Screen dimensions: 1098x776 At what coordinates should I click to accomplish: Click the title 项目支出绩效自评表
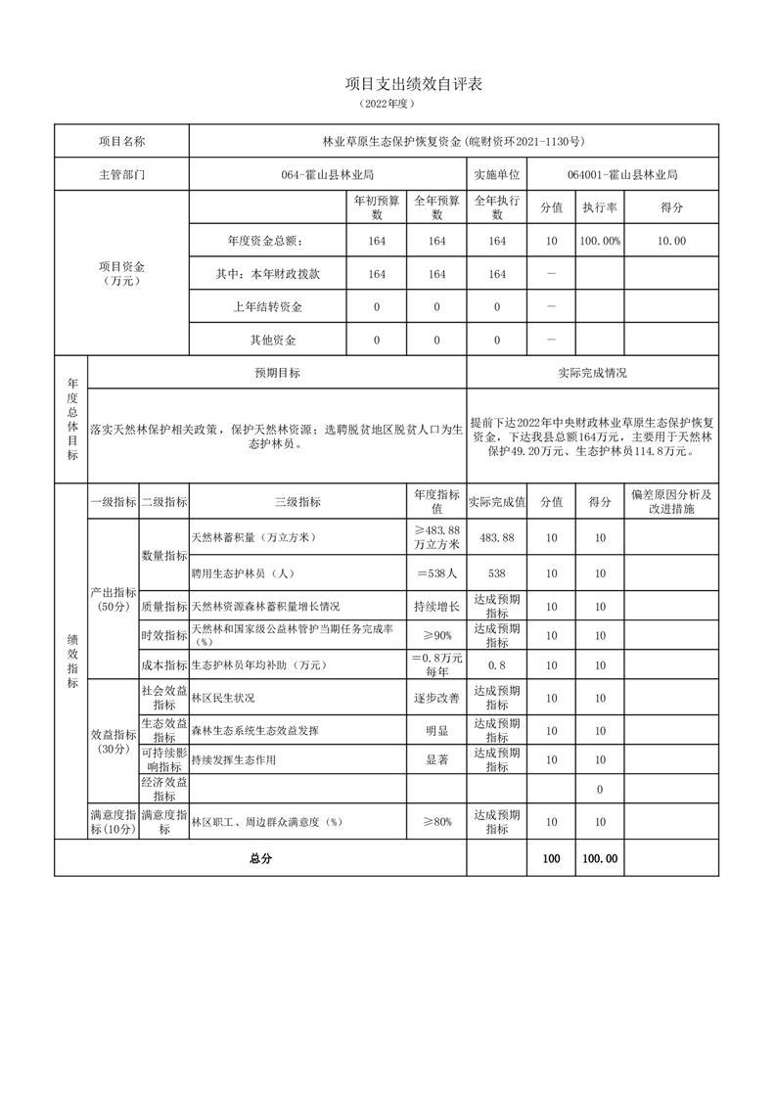point(414,84)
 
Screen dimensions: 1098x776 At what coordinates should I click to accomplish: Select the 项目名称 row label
point(121,141)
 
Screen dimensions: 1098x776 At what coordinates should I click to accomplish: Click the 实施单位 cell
point(496,175)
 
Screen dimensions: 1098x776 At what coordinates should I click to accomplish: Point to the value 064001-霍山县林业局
point(621,175)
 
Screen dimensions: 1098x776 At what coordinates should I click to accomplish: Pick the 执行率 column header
point(600,207)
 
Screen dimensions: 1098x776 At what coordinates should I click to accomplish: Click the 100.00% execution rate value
point(600,241)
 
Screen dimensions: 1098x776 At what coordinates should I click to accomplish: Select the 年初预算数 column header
point(377,207)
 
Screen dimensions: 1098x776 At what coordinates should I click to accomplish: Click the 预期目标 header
point(277,373)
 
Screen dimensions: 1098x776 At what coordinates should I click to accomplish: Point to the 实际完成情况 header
point(592,373)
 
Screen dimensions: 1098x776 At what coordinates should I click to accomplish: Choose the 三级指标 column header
point(297,501)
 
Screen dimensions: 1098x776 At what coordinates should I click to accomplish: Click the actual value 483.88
point(497,538)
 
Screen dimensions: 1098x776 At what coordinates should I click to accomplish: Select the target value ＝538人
point(436,573)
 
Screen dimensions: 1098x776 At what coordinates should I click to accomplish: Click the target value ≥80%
point(436,823)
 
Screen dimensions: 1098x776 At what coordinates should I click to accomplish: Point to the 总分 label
point(260,858)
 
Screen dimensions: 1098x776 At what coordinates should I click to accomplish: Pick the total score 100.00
point(600,858)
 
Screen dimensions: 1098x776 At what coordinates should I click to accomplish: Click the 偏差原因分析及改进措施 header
point(671,501)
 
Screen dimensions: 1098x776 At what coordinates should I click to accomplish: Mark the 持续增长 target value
point(436,607)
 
